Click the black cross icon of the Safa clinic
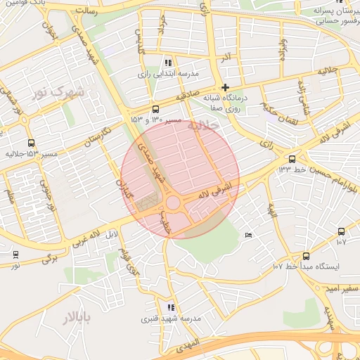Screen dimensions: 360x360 [x=225, y=88]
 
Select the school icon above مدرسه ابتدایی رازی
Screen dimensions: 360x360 [x=167, y=63]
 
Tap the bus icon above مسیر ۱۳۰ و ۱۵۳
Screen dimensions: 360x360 [x=155, y=109]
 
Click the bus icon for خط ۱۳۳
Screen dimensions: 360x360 [x=292, y=158]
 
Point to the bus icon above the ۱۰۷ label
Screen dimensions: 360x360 [x=341, y=231]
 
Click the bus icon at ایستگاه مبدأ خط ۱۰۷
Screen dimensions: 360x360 [x=306, y=256]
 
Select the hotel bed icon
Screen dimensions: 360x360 [x=248, y=235]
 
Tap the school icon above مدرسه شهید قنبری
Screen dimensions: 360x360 [x=171, y=307]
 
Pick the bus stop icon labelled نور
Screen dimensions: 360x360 [x=15, y=255]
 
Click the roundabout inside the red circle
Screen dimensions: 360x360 [x=173, y=202]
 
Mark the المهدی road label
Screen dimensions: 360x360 [x=189, y=345]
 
